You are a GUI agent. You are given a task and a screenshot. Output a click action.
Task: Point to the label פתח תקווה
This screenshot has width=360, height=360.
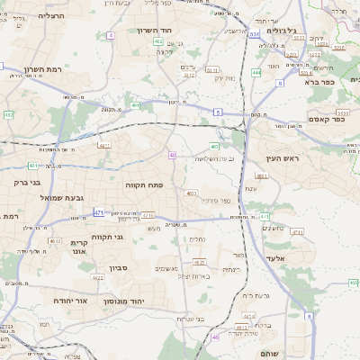pyautogui.click(x=142, y=184)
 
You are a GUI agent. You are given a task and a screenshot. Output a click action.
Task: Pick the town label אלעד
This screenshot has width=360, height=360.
pyautogui.click(x=274, y=258)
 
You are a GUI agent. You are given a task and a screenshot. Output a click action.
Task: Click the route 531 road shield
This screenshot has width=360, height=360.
pyautogui.click(x=255, y=34)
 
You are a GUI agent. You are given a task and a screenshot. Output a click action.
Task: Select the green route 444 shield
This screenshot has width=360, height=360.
pyautogui.click(x=256, y=71)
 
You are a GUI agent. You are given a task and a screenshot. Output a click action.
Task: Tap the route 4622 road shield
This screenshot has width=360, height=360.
pyautogui.click(x=56, y=241)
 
